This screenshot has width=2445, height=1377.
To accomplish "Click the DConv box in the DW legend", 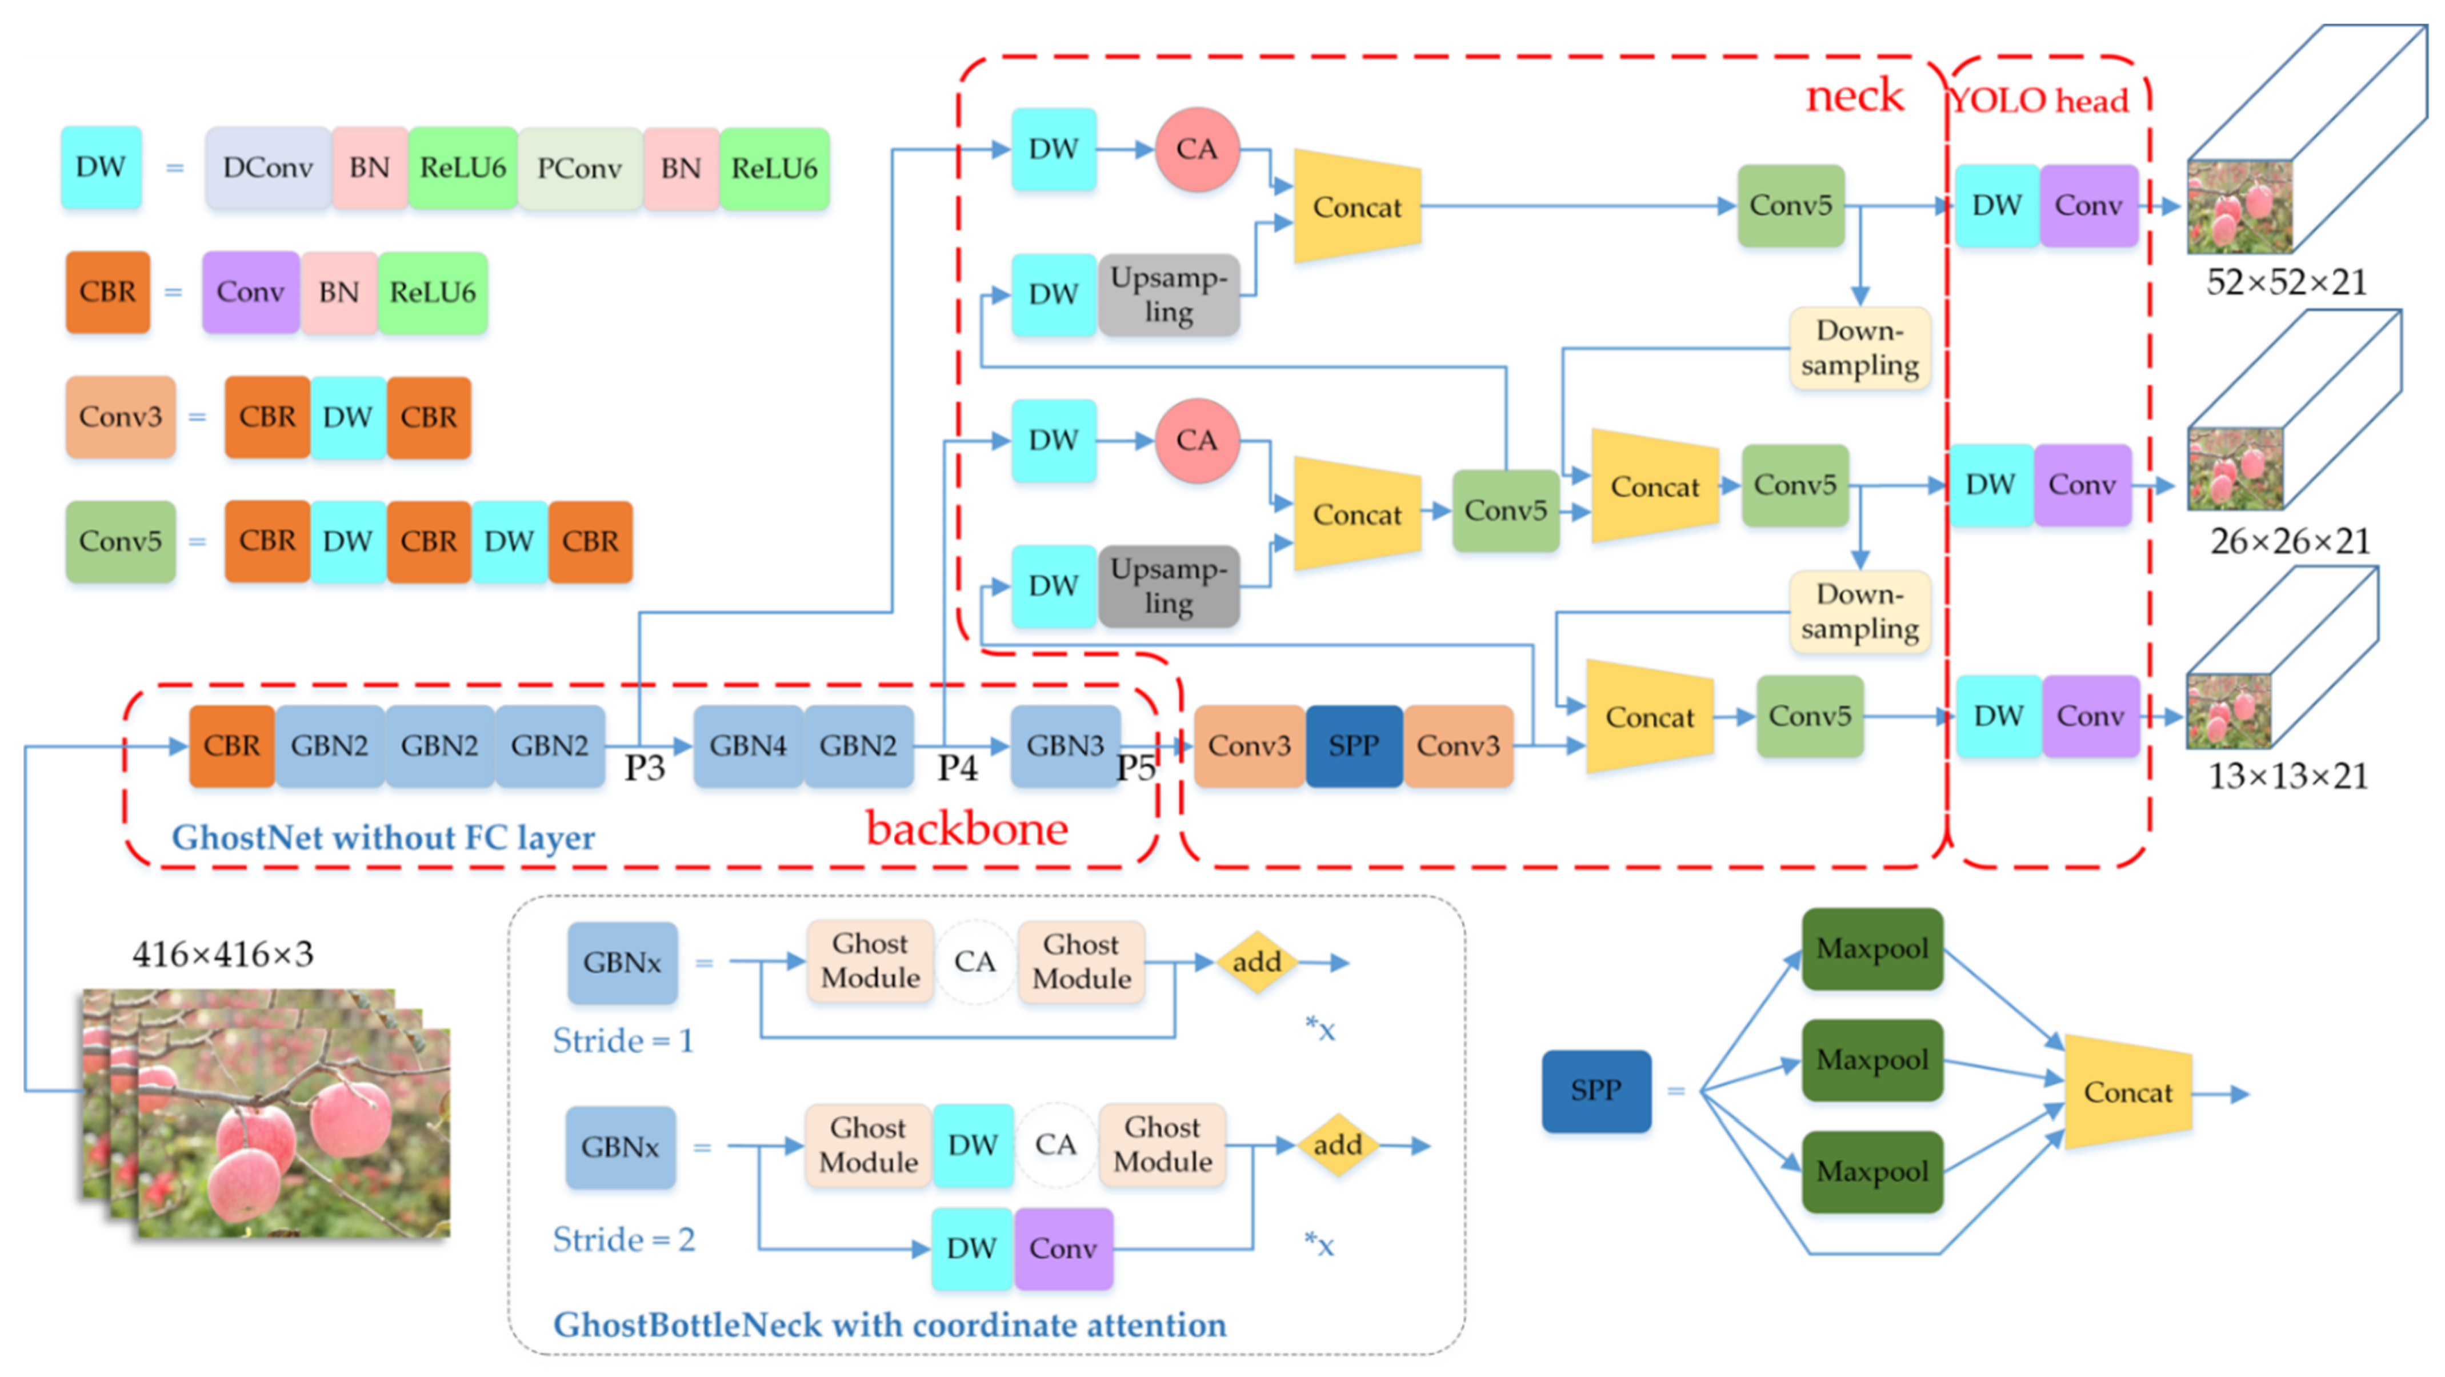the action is [x=267, y=168].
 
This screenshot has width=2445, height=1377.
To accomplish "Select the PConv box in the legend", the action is [x=580, y=168].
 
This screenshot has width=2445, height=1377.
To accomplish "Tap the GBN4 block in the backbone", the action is [x=748, y=745].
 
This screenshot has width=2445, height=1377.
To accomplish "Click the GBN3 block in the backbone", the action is [x=1065, y=745].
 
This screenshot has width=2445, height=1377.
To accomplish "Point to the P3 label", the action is [x=645, y=767].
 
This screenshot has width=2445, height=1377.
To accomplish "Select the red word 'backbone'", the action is [x=967, y=829].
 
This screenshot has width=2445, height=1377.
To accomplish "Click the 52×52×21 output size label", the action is [x=2287, y=282].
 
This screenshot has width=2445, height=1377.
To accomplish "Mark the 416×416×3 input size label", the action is [x=223, y=953].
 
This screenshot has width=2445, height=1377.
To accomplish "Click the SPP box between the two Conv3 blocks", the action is [x=1354, y=745].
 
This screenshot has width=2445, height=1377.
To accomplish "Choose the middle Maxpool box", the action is [x=1872, y=1060].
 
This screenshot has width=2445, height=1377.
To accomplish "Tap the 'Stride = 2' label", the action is [x=623, y=1239].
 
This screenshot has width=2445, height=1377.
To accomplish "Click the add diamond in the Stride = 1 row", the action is [x=1256, y=962].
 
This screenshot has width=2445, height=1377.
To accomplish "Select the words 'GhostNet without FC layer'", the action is [x=383, y=837].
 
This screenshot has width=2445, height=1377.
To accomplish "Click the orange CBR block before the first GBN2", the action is [x=231, y=745].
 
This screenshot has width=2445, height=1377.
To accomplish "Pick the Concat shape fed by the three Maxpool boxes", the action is [x=2128, y=1092].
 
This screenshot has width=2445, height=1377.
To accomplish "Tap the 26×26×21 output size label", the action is [x=2290, y=541].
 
